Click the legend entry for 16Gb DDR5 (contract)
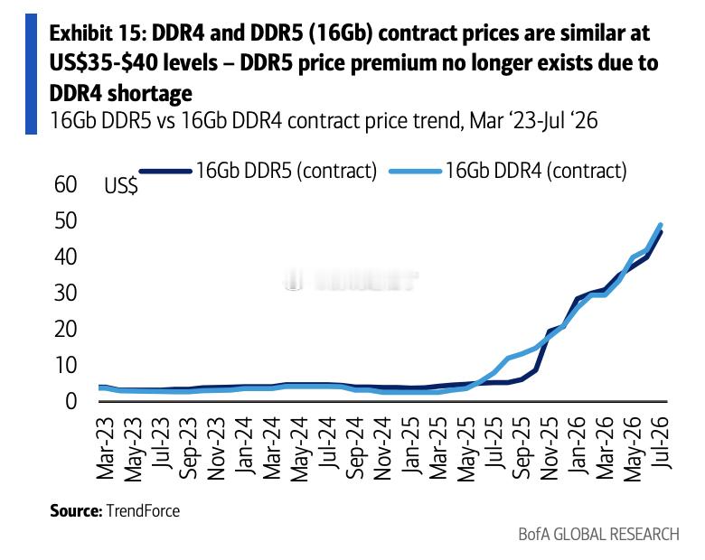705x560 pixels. pos(258,171)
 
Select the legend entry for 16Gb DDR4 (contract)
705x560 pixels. pos(508,171)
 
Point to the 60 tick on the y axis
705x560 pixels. pos(66,185)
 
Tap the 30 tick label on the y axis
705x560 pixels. pos(66,293)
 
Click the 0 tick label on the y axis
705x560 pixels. pos(71,401)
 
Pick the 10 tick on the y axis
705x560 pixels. pos(66,366)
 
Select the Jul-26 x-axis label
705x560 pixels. pos(661,442)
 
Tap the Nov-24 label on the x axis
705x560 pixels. pos(383,448)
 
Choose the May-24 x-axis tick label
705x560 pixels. pos(300,449)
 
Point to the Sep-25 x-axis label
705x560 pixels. pos(522,447)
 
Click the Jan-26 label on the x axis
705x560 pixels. pos(578,444)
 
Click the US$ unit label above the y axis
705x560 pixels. pos(121,186)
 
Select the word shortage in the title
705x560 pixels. pos(150,93)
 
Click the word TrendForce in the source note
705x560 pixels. pos(143,510)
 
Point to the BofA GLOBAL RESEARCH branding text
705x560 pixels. pos(598,535)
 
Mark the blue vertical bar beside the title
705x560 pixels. pos(31,74)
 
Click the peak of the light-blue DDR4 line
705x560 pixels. pos(661,225)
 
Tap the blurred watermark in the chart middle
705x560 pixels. pos(352,280)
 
